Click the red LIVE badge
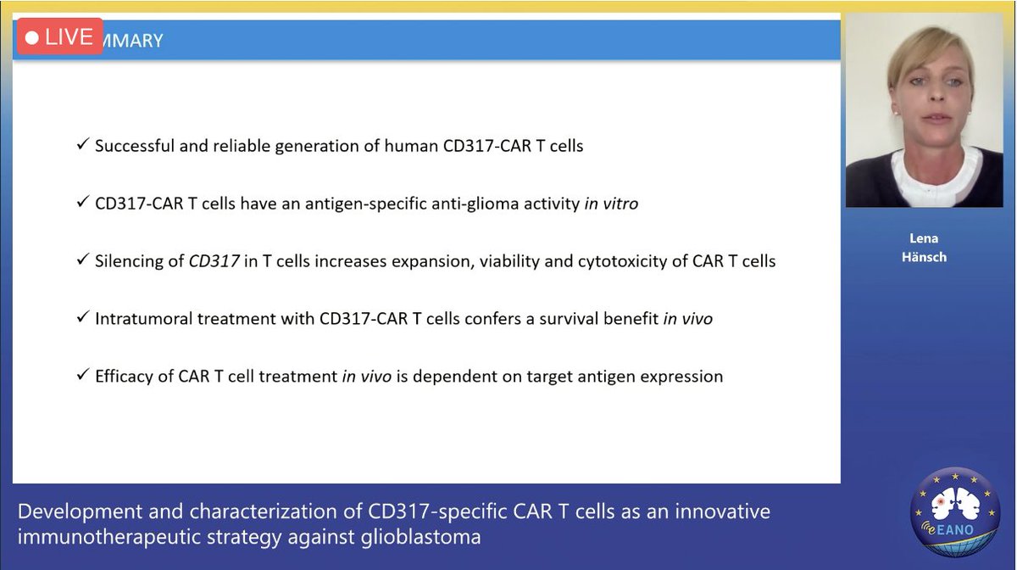[x=60, y=36]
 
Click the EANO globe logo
[x=955, y=511]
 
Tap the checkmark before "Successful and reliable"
[x=83, y=144]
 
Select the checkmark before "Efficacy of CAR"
[x=83, y=375]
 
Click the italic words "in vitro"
[x=611, y=204]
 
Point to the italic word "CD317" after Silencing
[x=214, y=261]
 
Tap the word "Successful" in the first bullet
[x=135, y=146]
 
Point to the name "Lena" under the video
[x=924, y=238]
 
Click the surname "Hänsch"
[x=924, y=257]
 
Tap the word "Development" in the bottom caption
[x=80, y=511]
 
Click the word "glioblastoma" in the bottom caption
[x=421, y=537]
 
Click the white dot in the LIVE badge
[x=32, y=37]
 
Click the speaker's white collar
[x=936, y=175]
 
